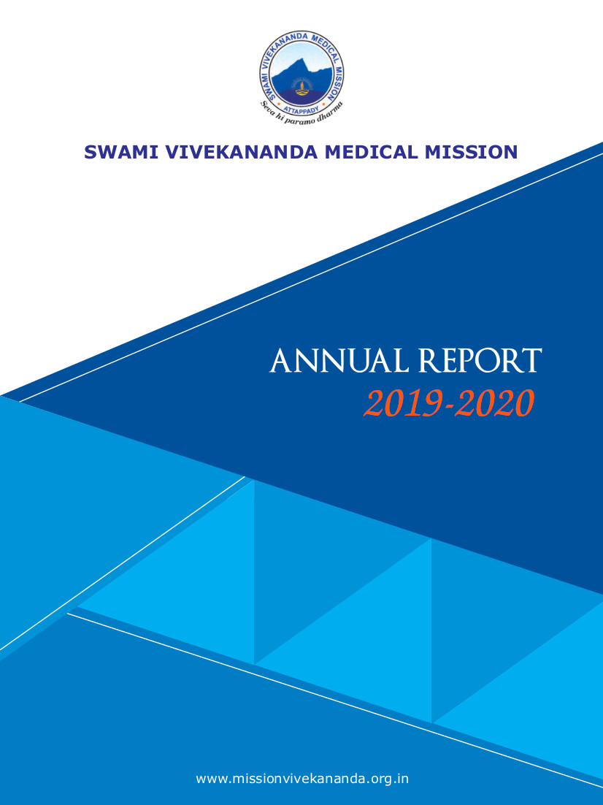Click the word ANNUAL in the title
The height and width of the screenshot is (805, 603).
[339, 361]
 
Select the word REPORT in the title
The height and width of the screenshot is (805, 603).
[480, 361]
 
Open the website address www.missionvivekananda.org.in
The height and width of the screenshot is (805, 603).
[302, 778]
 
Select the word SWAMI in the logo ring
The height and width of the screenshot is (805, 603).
[267, 82]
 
